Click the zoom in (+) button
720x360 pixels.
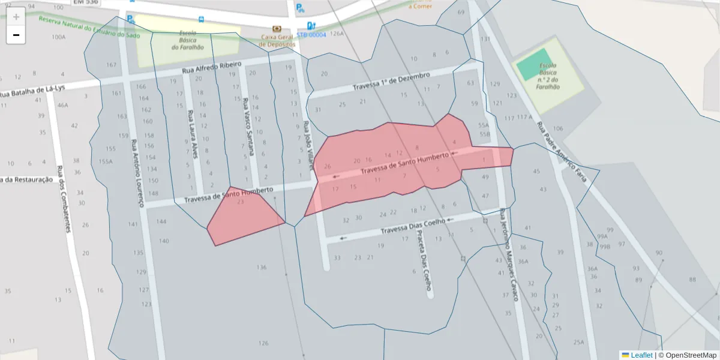coord(16,17)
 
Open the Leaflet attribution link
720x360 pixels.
coord(641,355)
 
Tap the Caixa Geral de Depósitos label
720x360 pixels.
coord(277,40)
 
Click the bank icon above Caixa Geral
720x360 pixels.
coord(277,28)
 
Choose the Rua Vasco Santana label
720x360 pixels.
coord(248,126)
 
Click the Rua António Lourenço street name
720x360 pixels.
coord(137,173)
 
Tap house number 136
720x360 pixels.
coord(262,267)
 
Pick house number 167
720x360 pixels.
coord(111,65)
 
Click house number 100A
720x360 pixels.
coord(58,37)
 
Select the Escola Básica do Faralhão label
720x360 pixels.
coord(187,40)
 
